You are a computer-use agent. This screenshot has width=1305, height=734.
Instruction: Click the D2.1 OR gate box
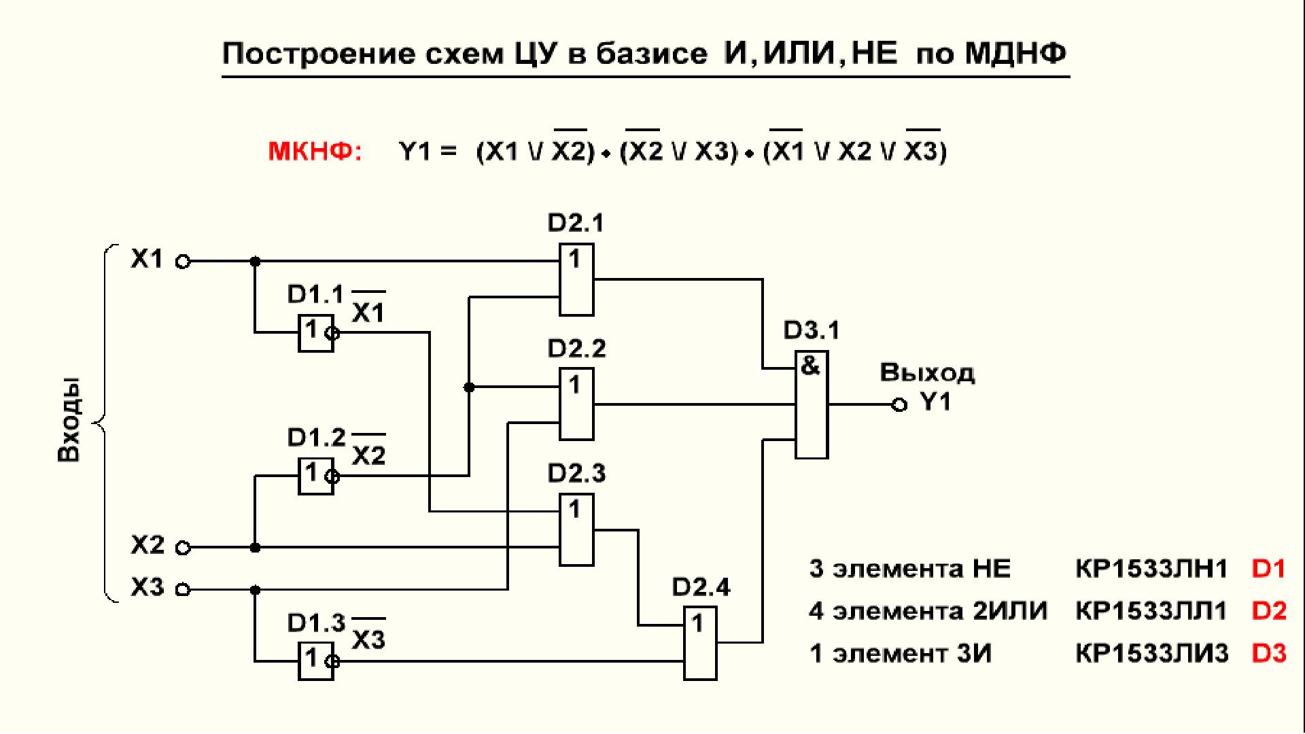(x=576, y=279)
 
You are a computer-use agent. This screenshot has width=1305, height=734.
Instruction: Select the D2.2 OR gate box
(x=576, y=404)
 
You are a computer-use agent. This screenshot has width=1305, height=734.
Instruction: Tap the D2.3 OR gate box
(x=576, y=530)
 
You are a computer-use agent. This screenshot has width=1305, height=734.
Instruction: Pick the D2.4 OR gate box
(x=700, y=643)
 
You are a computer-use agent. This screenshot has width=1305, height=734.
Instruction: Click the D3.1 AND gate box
(x=812, y=405)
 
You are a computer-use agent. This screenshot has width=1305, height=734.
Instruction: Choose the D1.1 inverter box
(x=316, y=333)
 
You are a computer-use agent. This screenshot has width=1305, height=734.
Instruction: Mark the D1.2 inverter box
(x=316, y=476)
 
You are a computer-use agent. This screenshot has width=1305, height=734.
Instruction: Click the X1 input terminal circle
(x=183, y=261)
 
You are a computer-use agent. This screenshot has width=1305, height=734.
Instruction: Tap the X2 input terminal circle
(x=183, y=548)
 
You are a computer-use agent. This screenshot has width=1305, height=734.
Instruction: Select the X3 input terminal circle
(x=183, y=589)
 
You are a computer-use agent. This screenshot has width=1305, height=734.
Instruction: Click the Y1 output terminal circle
(x=899, y=405)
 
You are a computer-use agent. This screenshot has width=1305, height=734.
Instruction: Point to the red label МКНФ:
(x=315, y=151)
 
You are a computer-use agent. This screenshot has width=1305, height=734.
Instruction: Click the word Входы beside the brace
(x=69, y=420)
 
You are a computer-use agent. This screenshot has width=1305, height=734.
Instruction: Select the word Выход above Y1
(x=927, y=373)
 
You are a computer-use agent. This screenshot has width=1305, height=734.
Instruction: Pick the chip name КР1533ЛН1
(x=1151, y=569)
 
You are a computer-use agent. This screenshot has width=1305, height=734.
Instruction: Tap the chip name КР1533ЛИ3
(x=1151, y=653)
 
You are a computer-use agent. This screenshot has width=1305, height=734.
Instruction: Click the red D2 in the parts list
(x=1268, y=611)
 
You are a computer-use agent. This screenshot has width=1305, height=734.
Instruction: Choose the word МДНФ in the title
(x=1015, y=53)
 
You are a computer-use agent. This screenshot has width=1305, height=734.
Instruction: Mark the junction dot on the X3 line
(x=255, y=590)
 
